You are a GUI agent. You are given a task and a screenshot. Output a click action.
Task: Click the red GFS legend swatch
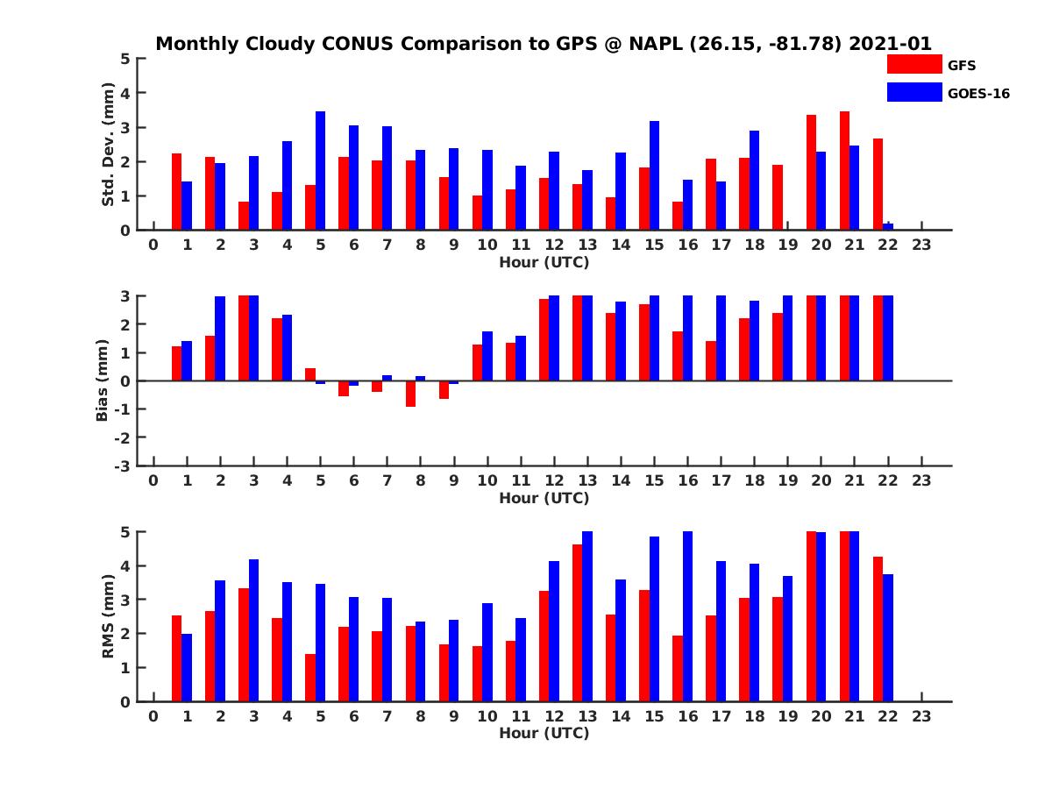tap(913, 64)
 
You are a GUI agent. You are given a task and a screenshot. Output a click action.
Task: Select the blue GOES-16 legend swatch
tap(913, 92)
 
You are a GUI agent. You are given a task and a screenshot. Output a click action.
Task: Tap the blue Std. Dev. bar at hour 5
tap(321, 171)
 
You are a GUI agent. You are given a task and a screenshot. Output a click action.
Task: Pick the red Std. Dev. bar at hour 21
tap(844, 171)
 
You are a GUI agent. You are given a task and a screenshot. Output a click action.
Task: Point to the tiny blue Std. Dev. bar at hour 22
tap(888, 226)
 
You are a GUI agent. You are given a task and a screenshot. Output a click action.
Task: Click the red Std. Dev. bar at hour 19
tap(778, 197)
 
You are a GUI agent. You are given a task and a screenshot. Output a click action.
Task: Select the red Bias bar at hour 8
tap(410, 394)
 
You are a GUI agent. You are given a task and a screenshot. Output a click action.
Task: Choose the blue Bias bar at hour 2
tap(220, 338)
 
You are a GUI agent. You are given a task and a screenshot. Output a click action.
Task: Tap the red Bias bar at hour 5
tap(310, 374)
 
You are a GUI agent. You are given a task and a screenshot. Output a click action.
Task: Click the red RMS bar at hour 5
tap(310, 678)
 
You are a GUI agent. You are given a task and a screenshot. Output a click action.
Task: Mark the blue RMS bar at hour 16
tap(688, 616)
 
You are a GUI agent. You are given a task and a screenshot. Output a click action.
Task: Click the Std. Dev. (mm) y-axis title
tap(109, 144)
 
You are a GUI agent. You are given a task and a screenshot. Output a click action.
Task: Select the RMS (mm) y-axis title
tap(109, 615)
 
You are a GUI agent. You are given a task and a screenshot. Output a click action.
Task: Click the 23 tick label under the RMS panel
tap(921, 716)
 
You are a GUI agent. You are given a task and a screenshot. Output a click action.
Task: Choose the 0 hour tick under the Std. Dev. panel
tap(153, 245)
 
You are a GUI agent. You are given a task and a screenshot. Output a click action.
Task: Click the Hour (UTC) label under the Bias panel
tap(544, 498)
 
